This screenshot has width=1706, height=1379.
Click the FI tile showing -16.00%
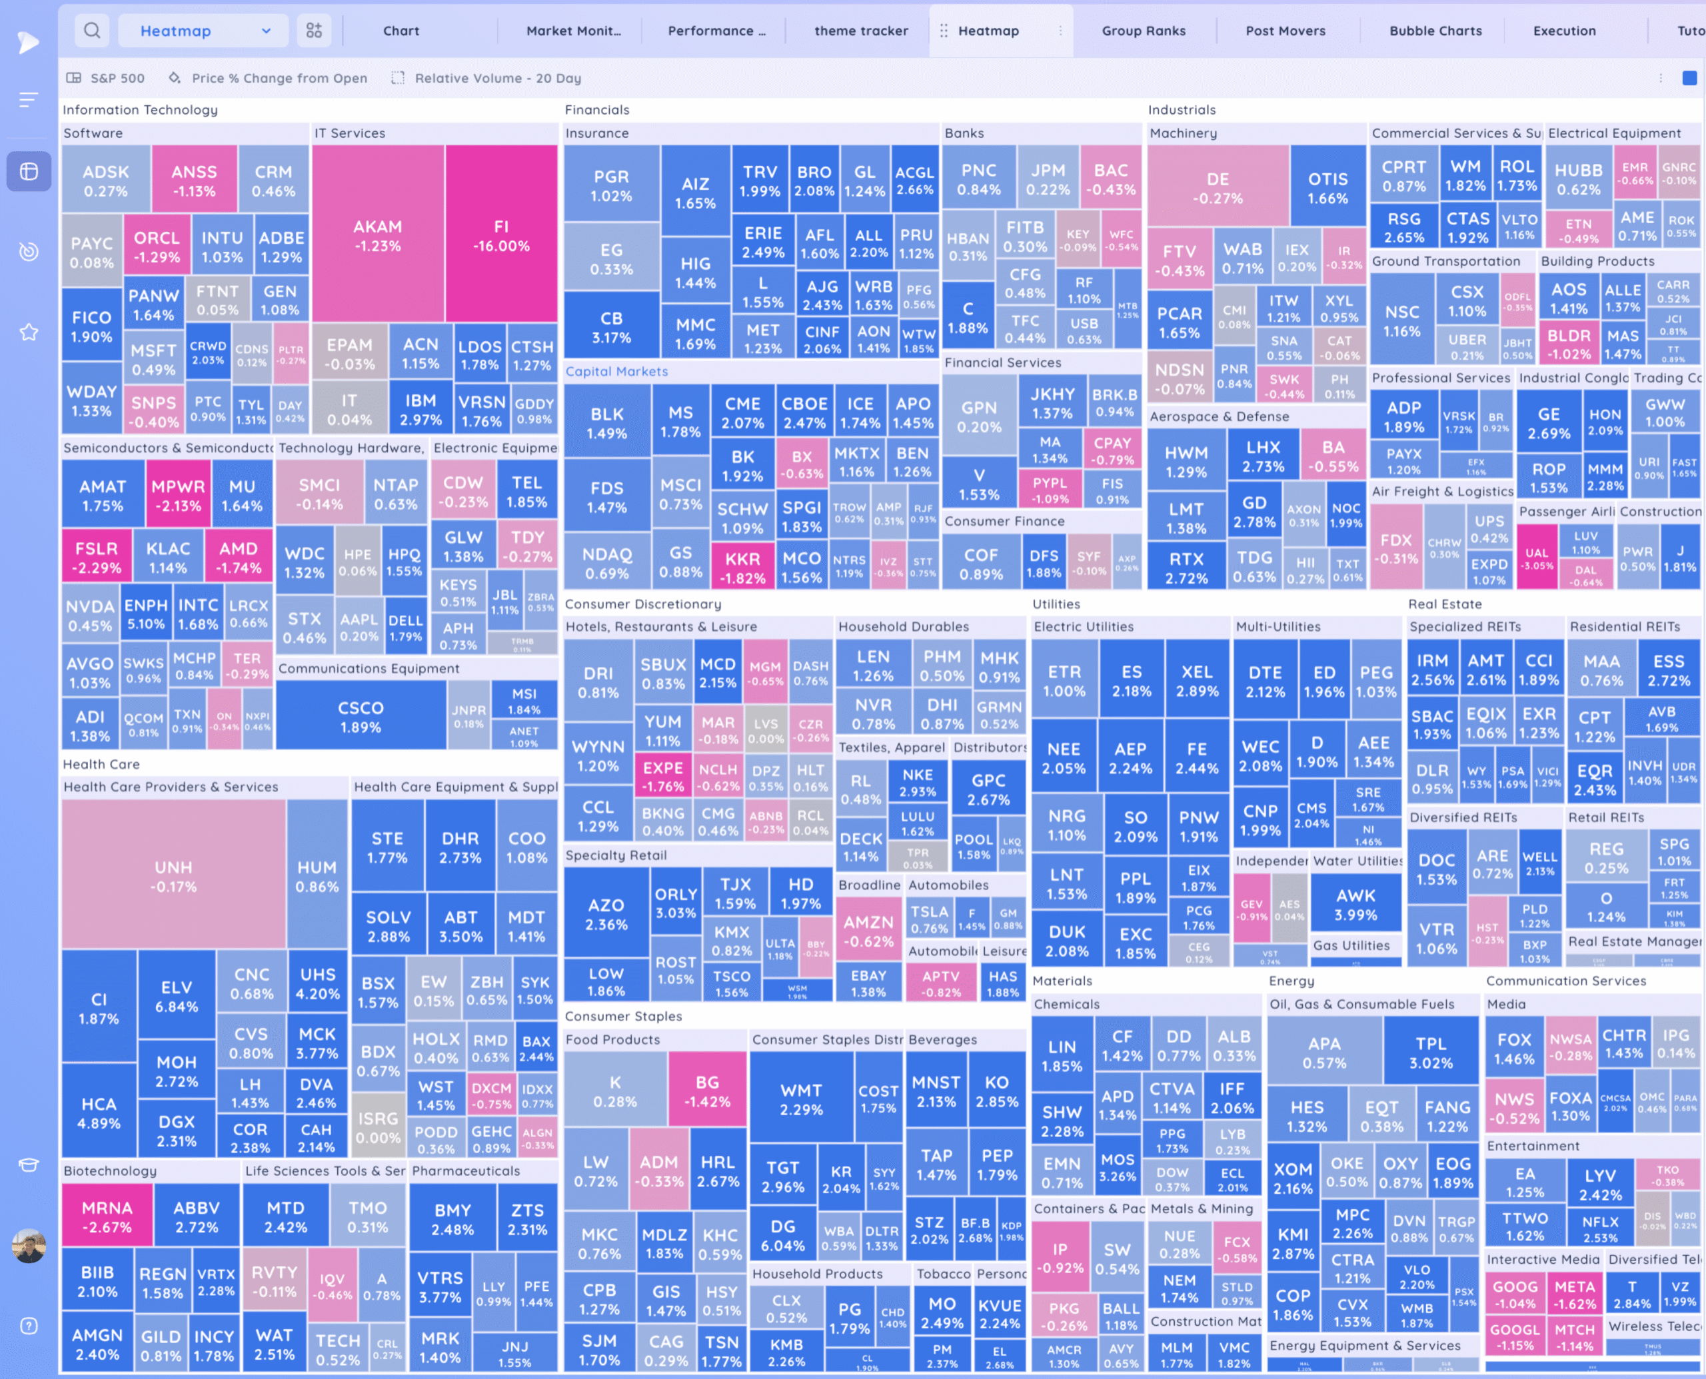[x=500, y=235]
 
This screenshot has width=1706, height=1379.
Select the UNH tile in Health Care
[x=173, y=875]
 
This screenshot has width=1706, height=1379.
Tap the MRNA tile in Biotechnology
[x=107, y=1216]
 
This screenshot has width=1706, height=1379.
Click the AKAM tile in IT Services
[x=377, y=235]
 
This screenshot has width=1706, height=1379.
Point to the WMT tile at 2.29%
[x=801, y=1099]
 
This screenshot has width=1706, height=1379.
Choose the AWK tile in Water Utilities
[x=1355, y=904]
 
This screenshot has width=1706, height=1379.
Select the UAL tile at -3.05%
[x=1537, y=558]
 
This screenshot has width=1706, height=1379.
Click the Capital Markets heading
[x=616, y=371]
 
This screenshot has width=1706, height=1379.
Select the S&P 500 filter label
[x=117, y=78]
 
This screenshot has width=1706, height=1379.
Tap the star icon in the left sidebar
[x=29, y=332]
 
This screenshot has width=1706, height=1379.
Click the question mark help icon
[x=29, y=1326]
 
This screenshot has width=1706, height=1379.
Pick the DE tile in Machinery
[x=1218, y=187]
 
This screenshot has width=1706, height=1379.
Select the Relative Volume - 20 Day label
[x=497, y=78]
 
